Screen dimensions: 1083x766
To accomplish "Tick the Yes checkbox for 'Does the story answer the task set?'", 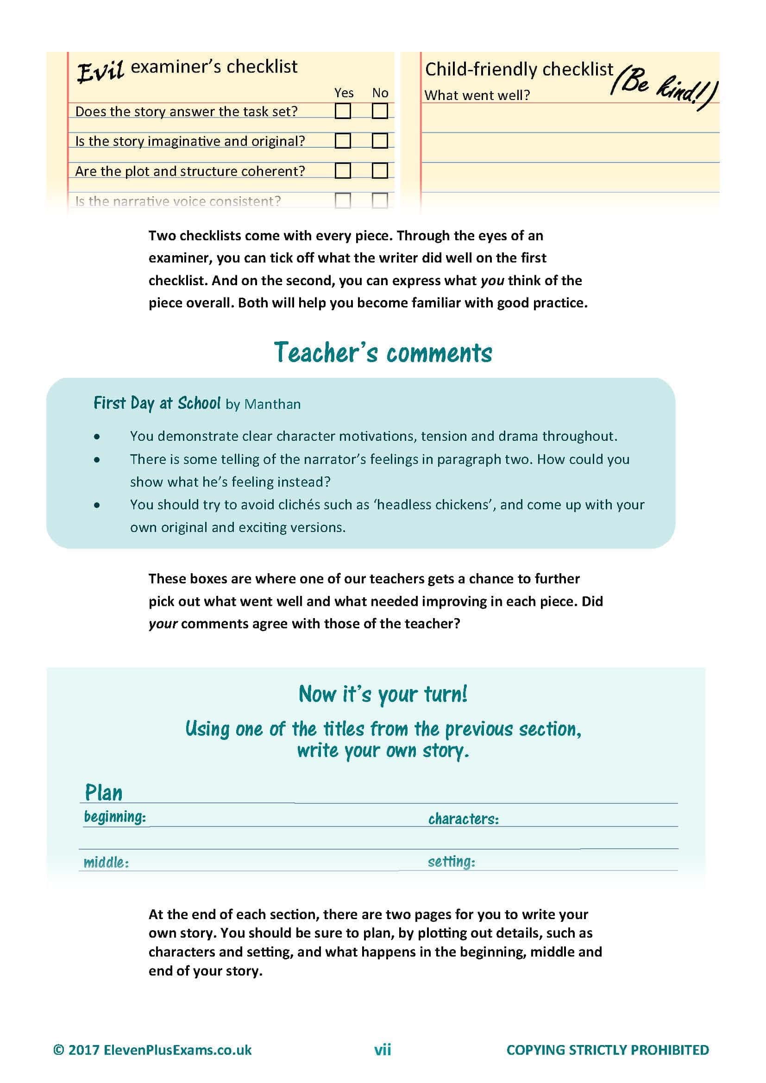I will pos(342,111).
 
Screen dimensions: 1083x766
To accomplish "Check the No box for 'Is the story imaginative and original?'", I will pos(380,141).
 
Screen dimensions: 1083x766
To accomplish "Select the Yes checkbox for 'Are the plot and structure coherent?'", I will pos(342,170).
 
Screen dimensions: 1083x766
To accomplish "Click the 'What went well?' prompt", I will pos(477,95).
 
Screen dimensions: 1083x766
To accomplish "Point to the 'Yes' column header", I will pos(343,93).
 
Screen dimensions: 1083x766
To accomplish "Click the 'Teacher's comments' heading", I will pos(383,353).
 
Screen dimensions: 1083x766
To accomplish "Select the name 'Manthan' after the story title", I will pos(272,404).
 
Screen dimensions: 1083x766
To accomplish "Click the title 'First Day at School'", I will pos(157,403).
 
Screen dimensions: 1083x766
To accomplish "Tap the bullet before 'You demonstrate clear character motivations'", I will pos(97,437).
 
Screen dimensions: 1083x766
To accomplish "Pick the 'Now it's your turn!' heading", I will pos(383,695).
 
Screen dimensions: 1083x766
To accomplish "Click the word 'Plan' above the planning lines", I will pos(103,792).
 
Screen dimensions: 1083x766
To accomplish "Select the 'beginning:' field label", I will pos(114,816).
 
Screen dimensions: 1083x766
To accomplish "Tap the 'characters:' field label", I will pos(463,819).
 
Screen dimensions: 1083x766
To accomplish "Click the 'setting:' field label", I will pos(451,862).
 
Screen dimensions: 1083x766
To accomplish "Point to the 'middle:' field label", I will pos(106,862).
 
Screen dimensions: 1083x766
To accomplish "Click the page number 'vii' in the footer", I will pos(383,1050).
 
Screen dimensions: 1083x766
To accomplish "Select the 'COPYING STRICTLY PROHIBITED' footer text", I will pos(607,1050).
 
